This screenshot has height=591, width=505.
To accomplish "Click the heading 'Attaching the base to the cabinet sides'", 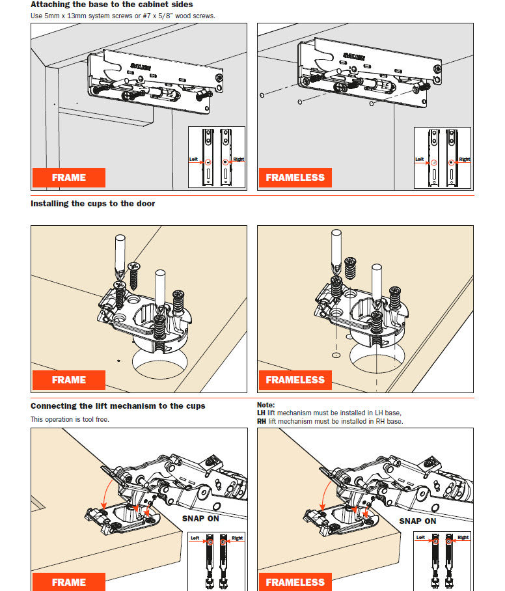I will click(x=111, y=5).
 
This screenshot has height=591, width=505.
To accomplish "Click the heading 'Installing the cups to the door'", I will click(x=92, y=204).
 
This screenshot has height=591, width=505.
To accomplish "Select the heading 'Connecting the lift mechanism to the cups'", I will click(x=118, y=406).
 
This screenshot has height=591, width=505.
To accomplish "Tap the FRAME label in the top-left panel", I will click(x=68, y=178).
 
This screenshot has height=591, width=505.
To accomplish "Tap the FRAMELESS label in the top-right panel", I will click(x=295, y=178).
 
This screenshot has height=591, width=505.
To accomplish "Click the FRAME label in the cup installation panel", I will click(x=68, y=380).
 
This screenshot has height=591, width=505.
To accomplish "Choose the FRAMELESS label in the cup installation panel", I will click(x=295, y=380).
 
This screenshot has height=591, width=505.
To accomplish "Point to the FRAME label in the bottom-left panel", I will click(x=68, y=582).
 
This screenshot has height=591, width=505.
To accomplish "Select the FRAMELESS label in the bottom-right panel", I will click(x=295, y=582).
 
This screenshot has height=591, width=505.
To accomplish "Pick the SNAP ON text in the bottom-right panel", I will click(x=417, y=521).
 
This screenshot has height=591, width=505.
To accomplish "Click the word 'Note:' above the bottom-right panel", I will click(x=266, y=405).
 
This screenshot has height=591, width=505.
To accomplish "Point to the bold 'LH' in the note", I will click(x=261, y=413).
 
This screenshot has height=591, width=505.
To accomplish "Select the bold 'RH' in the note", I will click(x=261, y=422).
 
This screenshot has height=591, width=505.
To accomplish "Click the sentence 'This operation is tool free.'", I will click(x=70, y=420).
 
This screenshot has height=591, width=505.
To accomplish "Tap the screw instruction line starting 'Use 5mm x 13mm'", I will click(x=122, y=16).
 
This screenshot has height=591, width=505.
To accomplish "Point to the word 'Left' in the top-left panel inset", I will click(x=193, y=159).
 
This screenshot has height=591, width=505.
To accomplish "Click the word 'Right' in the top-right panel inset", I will click(x=465, y=159).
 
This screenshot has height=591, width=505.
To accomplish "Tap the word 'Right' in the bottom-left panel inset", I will click(x=237, y=538).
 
